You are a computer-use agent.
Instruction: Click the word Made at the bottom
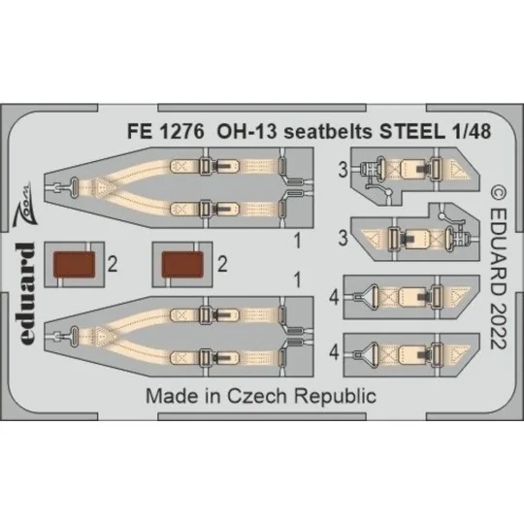point(169,397)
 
